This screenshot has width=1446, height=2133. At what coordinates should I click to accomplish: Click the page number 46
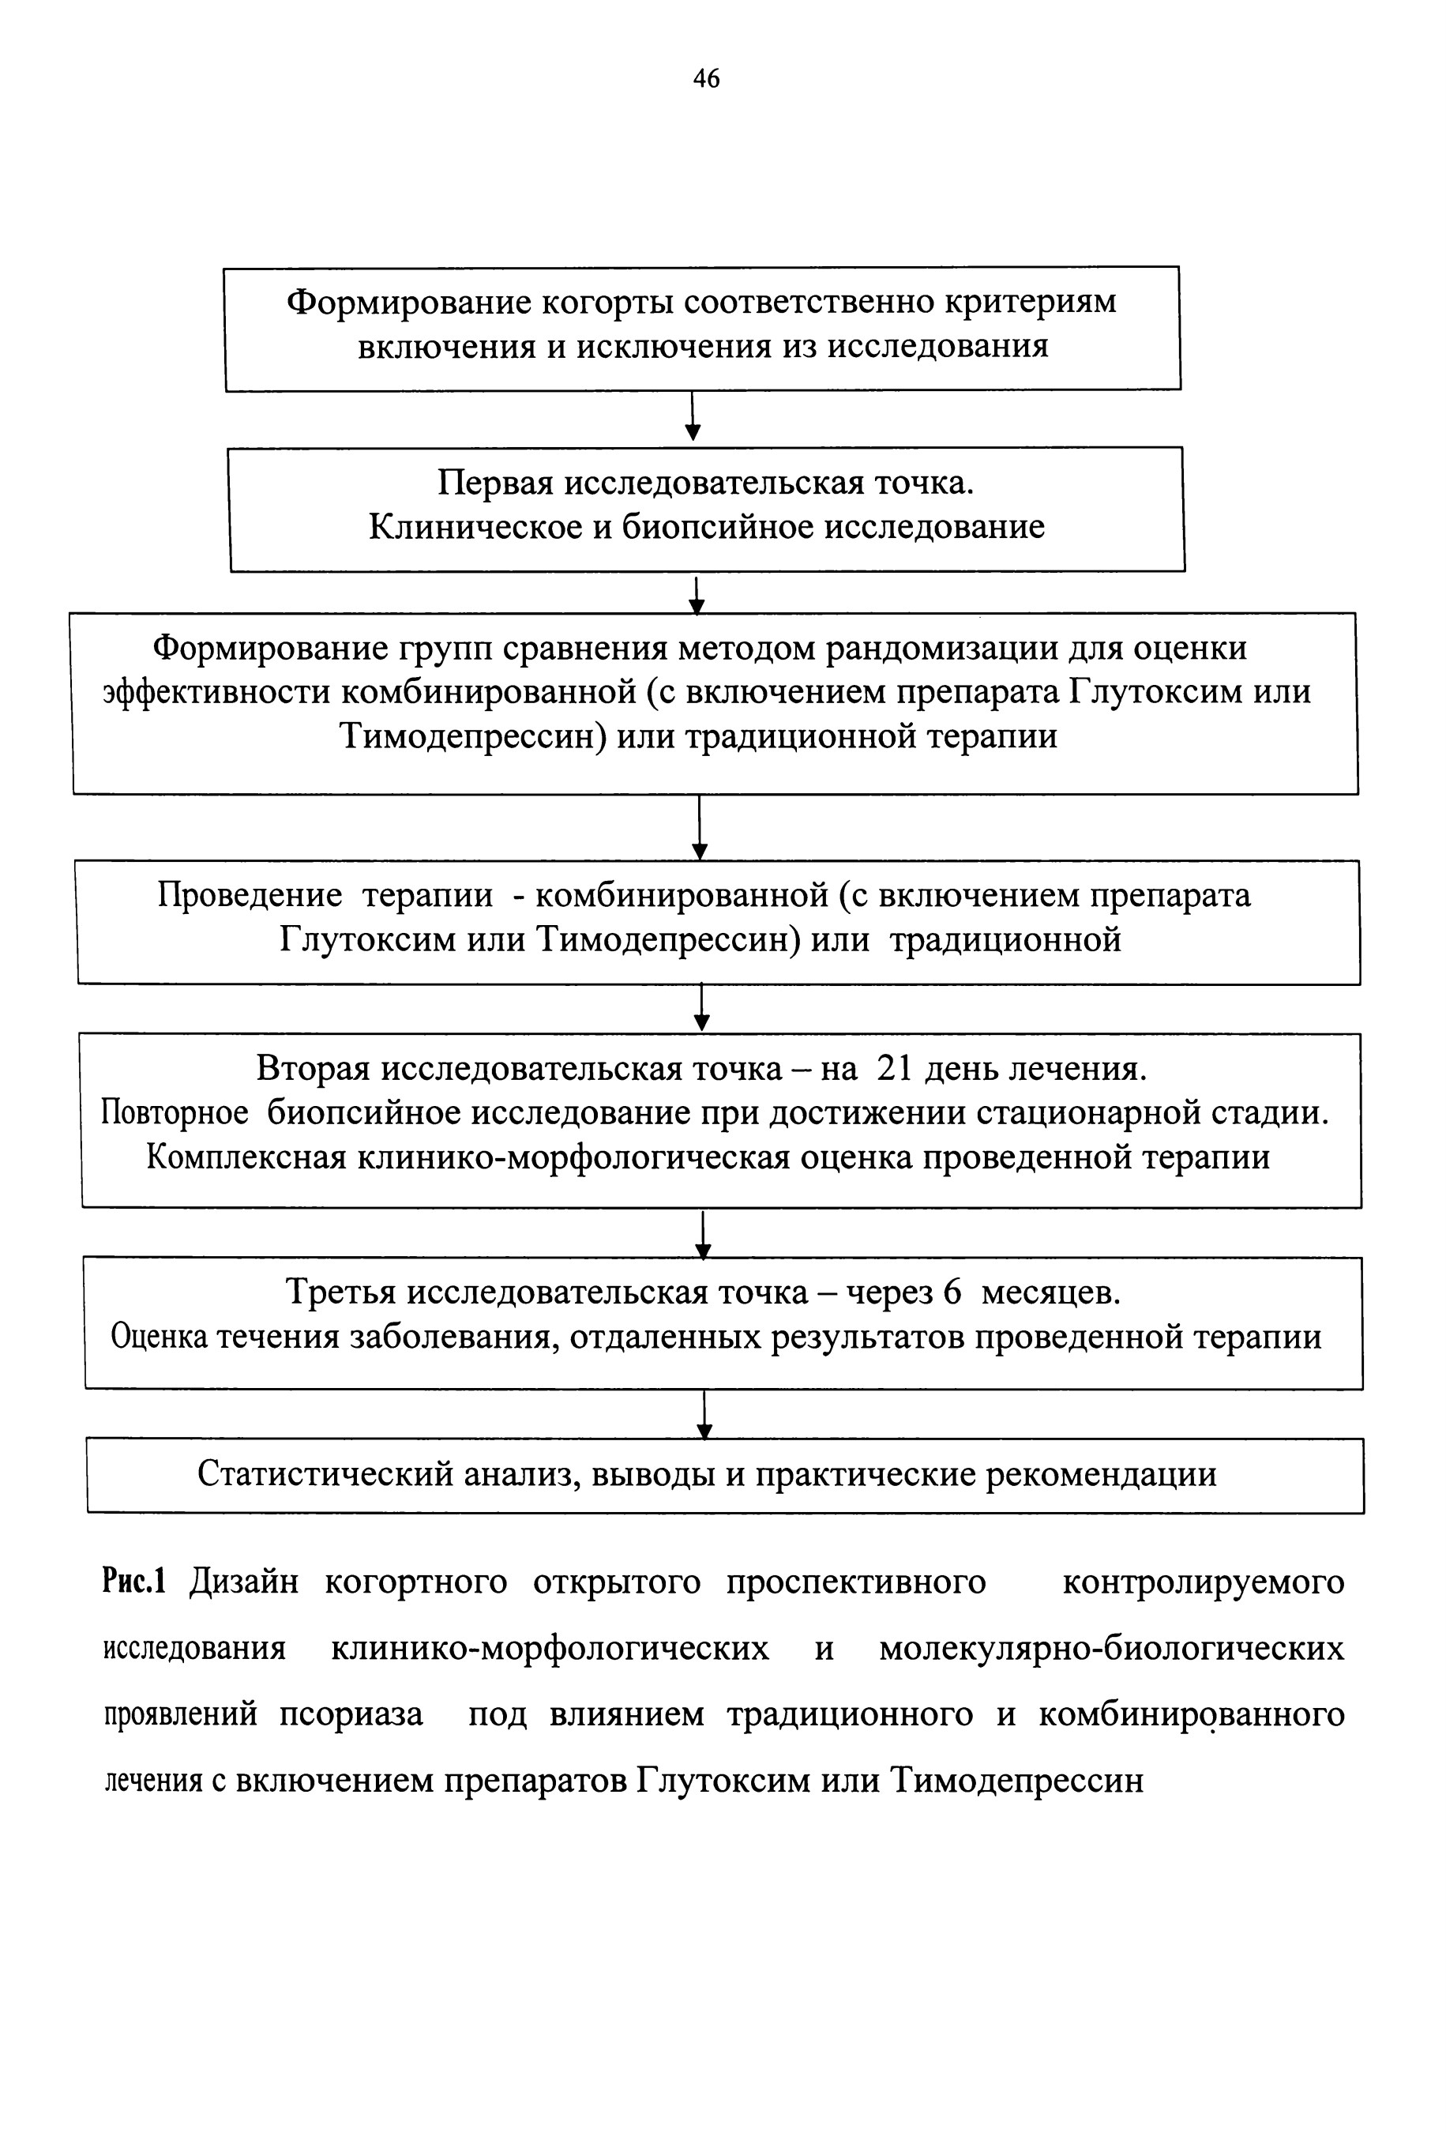click(705, 79)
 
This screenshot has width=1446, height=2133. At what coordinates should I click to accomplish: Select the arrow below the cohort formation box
click(693, 416)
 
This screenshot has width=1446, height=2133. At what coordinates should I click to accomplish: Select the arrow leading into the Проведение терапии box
click(699, 827)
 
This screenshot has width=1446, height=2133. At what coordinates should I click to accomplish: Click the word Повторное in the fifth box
click(175, 1113)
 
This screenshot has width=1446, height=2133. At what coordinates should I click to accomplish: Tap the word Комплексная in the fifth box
click(246, 1158)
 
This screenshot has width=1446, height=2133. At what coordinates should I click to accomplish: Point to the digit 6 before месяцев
click(952, 1293)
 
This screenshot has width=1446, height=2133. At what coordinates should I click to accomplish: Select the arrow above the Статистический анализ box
click(704, 1414)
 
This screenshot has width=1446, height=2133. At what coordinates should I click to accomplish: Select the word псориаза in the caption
click(351, 1715)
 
